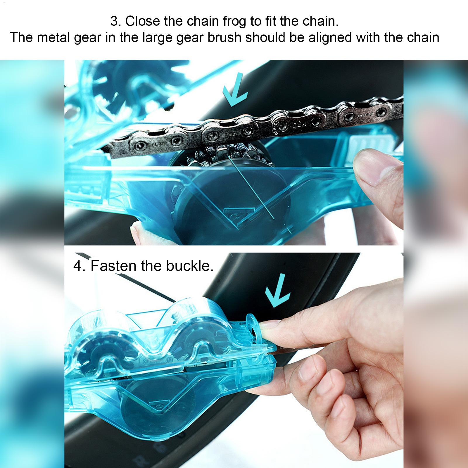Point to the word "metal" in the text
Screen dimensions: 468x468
point(52,38)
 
